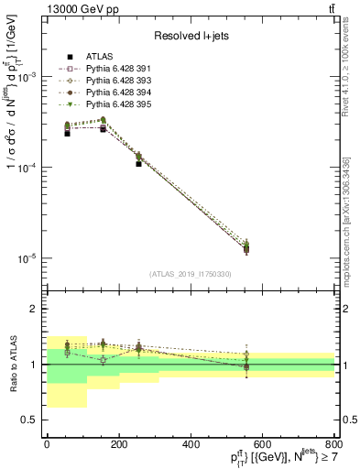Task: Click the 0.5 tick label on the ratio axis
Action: (x=29, y=420)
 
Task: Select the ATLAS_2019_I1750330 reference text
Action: (x=190, y=274)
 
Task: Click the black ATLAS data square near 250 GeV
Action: (x=138, y=164)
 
